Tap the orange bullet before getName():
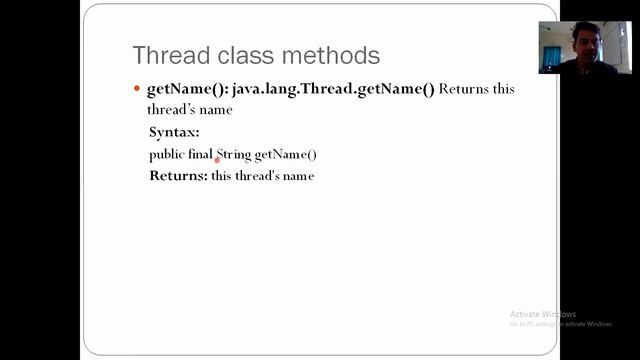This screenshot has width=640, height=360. click(137, 89)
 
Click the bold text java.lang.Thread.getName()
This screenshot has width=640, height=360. click(333, 89)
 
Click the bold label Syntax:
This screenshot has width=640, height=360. click(174, 132)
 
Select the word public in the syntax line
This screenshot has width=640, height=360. click(166, 154)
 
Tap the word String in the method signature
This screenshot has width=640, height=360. click(235, 154)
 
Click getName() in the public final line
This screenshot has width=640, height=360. click(286, 154)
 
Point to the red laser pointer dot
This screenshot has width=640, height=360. click(217, 159)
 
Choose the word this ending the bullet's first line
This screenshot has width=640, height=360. click(504, 89)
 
